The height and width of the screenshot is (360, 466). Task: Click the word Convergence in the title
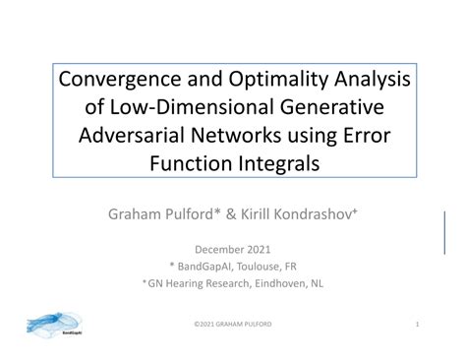pos(117,79)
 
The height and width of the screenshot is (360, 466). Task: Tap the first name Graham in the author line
pos(138,211)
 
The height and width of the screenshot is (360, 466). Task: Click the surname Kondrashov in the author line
pos(312,211)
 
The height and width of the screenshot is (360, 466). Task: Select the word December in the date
pos(221,249)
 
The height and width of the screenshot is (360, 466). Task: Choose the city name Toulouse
pos(255,267)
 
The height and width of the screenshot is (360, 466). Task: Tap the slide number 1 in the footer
pos(417,324)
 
